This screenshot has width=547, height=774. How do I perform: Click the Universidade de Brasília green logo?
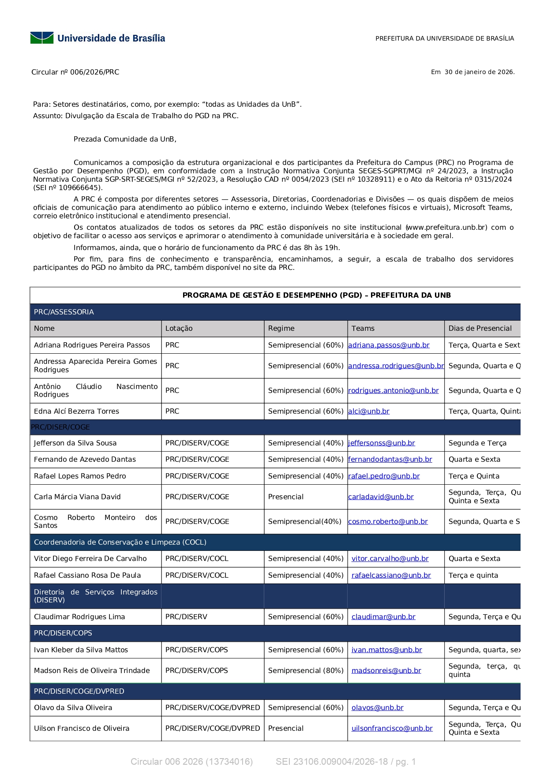(42, 38)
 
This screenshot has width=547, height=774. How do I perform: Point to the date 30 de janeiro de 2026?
(479, 72)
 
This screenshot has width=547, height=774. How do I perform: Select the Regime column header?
(281, 329)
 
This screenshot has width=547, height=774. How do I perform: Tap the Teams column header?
(363, 329)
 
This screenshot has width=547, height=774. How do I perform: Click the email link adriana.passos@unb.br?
(389, 345)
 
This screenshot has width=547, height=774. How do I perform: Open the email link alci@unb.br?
(369, 411)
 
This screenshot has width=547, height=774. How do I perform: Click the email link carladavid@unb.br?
(381, 497)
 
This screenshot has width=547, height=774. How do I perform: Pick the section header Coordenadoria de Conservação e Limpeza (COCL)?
(120, 542)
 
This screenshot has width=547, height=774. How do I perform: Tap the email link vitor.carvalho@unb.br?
(390, 559)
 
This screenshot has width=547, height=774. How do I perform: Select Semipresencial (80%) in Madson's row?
(306, 671)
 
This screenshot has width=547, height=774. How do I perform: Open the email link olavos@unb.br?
(377, 708)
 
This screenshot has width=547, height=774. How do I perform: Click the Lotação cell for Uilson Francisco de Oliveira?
(213, 729)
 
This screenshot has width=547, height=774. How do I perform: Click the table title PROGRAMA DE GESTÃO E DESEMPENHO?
(316, 295)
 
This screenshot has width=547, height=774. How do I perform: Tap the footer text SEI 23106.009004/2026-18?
(332, 762)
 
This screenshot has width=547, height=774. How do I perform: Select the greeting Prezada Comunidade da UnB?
(125, 139)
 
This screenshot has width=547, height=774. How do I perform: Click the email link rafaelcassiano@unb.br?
(391, 576)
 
